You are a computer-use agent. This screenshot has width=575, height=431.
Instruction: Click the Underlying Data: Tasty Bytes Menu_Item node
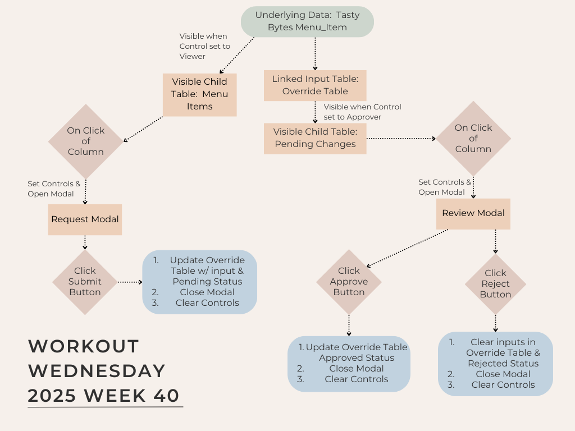(307, 21)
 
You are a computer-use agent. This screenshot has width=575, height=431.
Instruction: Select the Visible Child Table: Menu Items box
(199, 94)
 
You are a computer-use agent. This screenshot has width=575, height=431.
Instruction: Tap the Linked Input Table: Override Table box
(315, 85)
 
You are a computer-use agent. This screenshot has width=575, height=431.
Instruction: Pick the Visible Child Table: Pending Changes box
(314, 139)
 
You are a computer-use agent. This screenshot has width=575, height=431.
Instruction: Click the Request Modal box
(85, 219)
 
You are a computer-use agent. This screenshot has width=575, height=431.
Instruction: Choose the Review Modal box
(473, 213)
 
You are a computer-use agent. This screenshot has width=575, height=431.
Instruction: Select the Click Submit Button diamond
(85, 282)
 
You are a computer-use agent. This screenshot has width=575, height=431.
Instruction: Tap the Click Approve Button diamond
(349, 282)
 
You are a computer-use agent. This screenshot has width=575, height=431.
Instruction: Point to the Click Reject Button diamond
(495, 284)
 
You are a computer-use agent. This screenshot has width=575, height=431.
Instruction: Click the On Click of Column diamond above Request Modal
(85, 141)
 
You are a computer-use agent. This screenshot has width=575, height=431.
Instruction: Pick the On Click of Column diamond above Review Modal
(473, 139)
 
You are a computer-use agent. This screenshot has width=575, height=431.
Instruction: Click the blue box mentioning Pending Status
(200, 282)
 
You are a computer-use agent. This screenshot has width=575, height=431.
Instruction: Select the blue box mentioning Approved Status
(349, 363)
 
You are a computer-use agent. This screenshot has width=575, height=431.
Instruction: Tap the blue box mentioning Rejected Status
(495, 364)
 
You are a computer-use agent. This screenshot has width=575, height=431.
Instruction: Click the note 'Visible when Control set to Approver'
(362, 112)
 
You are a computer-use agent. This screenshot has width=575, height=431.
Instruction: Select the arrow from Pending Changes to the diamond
(401, 138)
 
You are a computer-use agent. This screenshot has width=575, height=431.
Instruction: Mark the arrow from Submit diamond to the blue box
(130, 282)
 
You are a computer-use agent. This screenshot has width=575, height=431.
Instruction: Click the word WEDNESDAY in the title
(97, 371)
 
